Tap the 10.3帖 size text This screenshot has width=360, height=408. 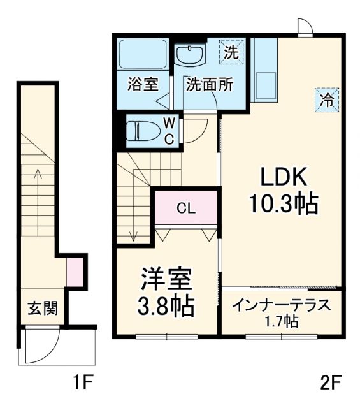pyautogui.click(x=284, y=203)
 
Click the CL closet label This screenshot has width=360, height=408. pyautogui.click(x=186, y=208)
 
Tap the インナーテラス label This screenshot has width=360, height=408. pyautogui.click(x=281, y=305)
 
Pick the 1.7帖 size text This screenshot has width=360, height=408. pyautogui.click(x=282, y=322)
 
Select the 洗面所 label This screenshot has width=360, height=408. pyautogui.click(x=209, y=85)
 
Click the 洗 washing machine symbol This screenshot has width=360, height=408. pyautogui.click(x=231, y=53)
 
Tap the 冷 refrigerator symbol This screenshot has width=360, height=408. pyautogui.click(x=326, y=99)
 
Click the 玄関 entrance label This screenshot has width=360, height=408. pyautogui.click(x=43, y=309)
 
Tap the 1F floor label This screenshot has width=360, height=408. pyautogui.click(x=83, y=383)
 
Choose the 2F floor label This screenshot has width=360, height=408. pyautogui.click(x=331, y=383)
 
